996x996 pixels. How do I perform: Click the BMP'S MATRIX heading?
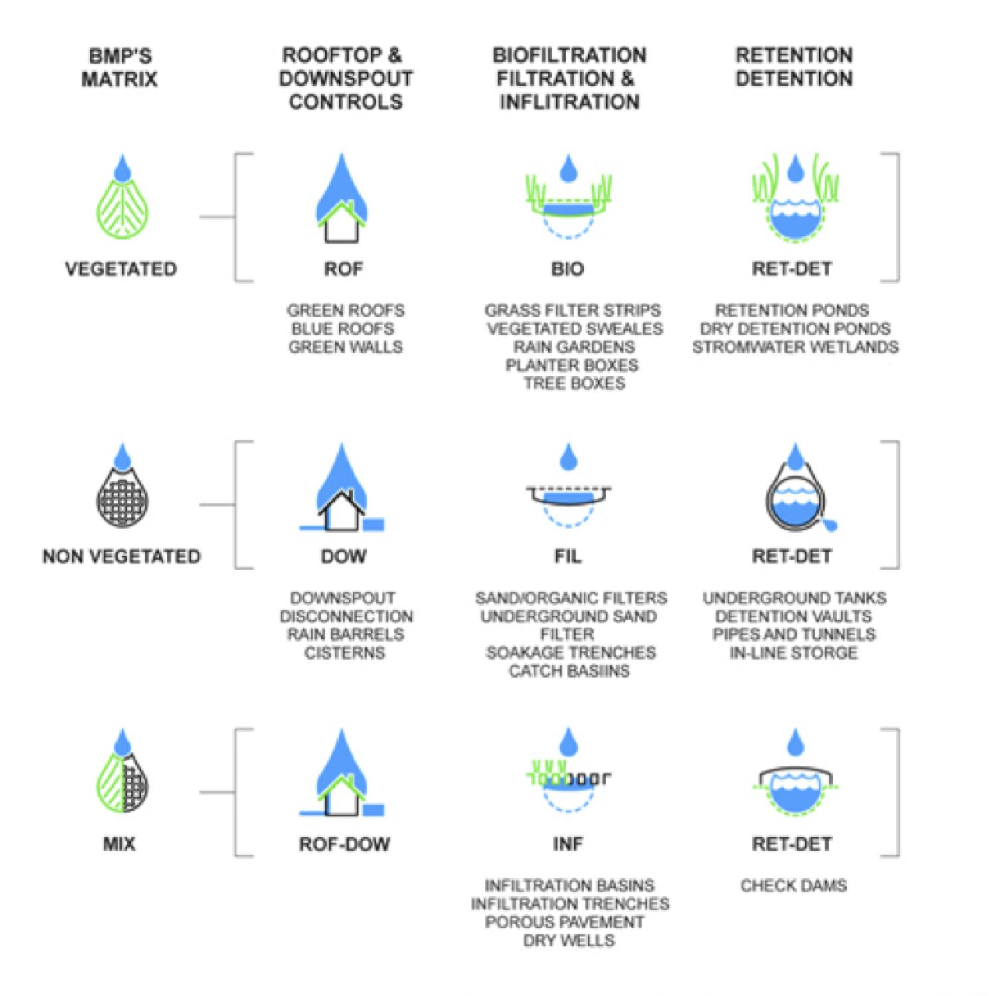pyautogui.click(x=120, y=67)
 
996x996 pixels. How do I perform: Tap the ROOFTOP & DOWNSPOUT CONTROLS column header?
pyautogui.click(x=345, y=78)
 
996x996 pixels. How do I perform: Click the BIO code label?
pyautogui.click(x=568, y=269)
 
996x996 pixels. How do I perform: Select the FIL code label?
pyautogui.click(x=568, y=556)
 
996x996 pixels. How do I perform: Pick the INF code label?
pyautogui.click(x=568, y=844)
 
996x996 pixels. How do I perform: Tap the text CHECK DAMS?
pyautogui.click(x=793, y=886)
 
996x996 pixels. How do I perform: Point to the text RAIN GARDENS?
pyautogui.click(x=574, y=347)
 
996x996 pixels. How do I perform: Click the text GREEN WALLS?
pyautogui.click(x=345, y=347)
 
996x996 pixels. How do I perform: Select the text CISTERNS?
pyautogui.click(x=345, y=653)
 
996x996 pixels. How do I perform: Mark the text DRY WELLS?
pyautogui.click(x=569, y=940)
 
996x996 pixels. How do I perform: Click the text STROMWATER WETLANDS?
pyautogui.click(x=795, y=347)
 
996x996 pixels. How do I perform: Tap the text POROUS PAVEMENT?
pyautogui.click(x=564, y=922)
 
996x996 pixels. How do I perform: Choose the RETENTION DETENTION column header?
pyautogui.click(x=794, y=67)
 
